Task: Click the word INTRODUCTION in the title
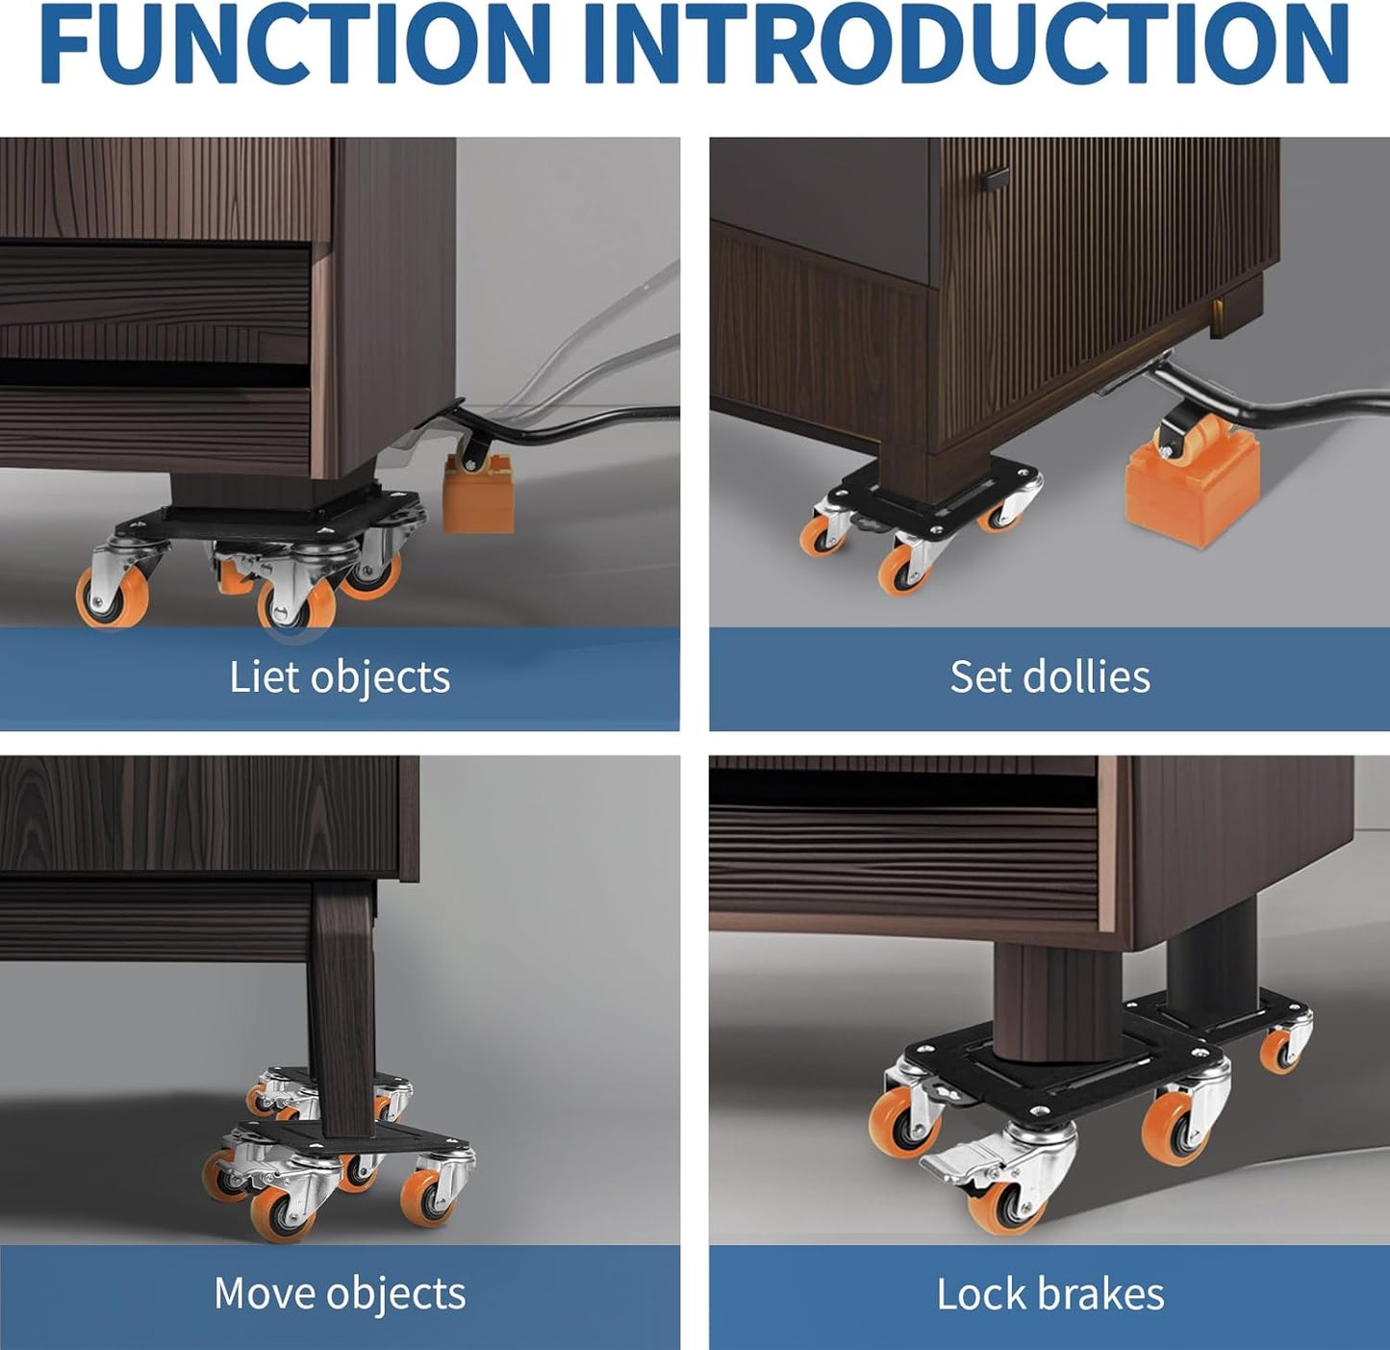pos(965,45)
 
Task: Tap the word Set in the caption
pos(978,676)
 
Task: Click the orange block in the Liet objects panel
pos(477,499)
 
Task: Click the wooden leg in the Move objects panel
pos(341,1001)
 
